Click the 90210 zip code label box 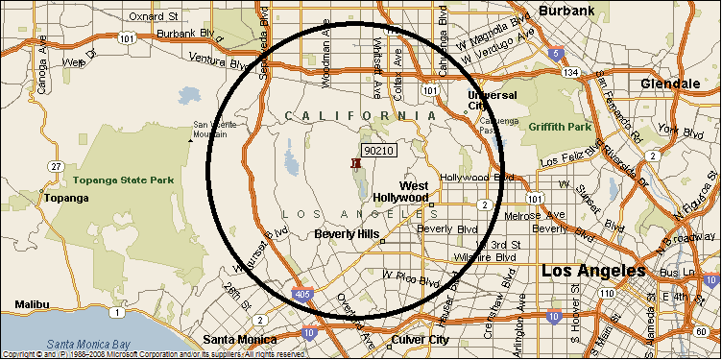(379, 150)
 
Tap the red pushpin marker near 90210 (356, 164)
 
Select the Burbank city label (567, 11)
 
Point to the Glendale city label (671, 84)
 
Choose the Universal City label (492, 101)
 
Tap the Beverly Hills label (347, 233)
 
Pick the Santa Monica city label (238, 339)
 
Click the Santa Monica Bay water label (90, 344)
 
